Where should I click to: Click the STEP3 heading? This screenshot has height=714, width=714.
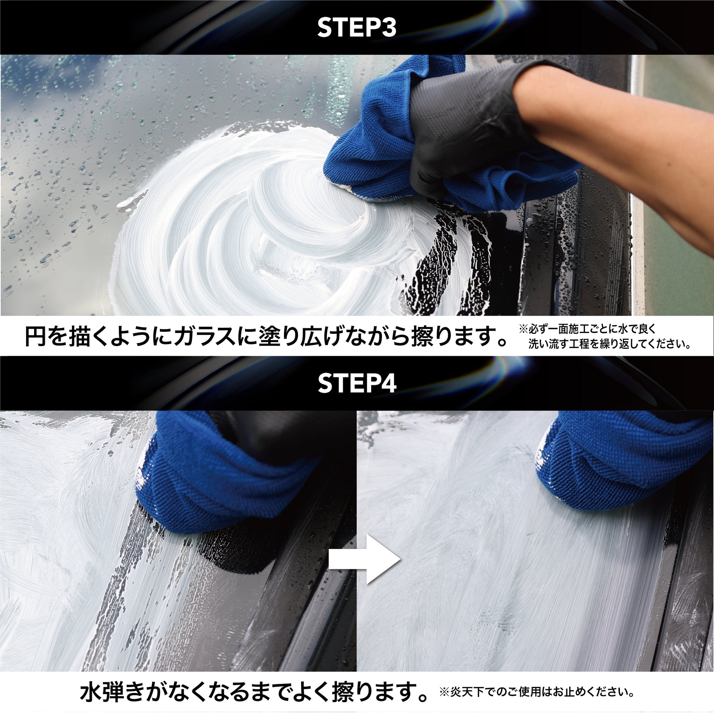357,28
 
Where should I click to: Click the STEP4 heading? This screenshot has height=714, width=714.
357,383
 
